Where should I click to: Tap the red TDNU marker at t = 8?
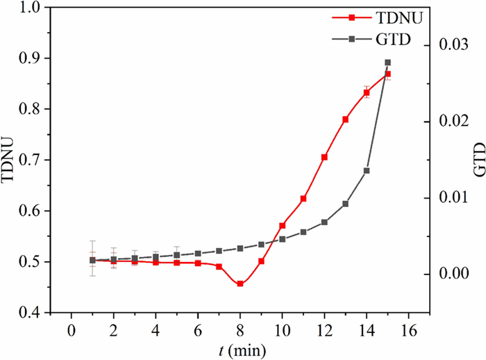pyautogui.click(x=240, y=284)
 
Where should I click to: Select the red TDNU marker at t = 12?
pyautogui.click(x=324, y=157)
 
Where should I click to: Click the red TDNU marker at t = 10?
pyautogui.click(x=282, y=226)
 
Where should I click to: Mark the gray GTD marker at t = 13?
pyautogui.click(x=345, y=204)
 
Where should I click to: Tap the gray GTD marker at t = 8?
pyautogui.click(x=240, y=248)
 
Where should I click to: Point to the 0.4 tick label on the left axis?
pyautogui.click(x=32, y=313)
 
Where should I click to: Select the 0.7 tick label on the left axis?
pyautogui.click(x=32, y=160)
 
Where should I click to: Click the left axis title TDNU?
pyautogui.click(x=9, y=161)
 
